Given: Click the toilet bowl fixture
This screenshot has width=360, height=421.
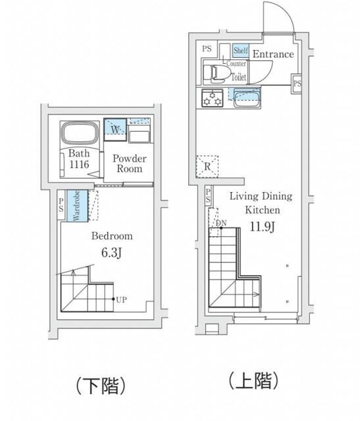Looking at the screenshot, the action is coord(217,74).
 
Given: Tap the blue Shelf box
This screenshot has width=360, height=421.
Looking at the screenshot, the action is coord(241,51).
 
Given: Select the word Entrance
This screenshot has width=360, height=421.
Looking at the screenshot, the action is coord(273,54).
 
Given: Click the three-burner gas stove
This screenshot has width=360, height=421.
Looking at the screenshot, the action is coord(212,98).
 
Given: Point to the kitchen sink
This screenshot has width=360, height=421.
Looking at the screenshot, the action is coord(247,98).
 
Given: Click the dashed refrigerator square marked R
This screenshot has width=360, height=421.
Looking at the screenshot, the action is coord(207,166).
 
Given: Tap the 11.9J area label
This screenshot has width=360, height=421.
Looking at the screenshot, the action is coord(262,227).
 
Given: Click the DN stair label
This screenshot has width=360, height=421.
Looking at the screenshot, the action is coord(222,223).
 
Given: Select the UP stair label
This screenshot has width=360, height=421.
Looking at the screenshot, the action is coord(121,300).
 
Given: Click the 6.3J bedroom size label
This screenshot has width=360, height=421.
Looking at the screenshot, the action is coord(111,253).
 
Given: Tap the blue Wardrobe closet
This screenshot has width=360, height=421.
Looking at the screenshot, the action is coord(77,206).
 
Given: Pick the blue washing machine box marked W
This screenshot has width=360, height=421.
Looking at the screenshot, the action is coord(115,130).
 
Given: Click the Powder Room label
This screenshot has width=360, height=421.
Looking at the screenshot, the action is coord(130,163).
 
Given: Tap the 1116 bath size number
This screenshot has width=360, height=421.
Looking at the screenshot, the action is coord(79,164).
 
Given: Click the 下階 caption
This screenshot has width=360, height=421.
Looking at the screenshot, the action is coord(101,386).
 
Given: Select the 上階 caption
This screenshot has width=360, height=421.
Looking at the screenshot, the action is coord(253,380).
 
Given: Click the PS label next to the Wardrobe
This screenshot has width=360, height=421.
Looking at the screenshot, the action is coord(61,205).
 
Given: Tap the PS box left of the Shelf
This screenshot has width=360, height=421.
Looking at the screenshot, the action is coord(207,49).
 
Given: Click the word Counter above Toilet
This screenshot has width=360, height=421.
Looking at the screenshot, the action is coord(236,64).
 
